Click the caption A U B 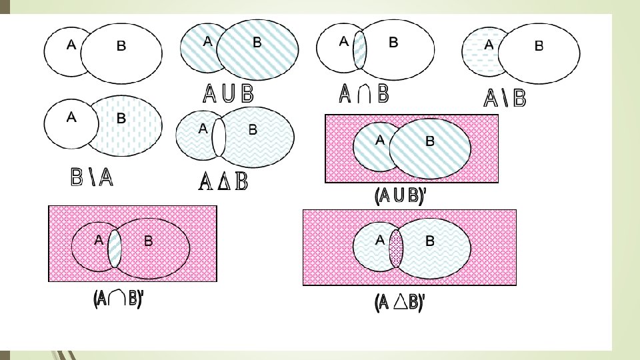click(x=229, y=95)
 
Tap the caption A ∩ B click(x=364, y=94)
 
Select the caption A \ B click(x=505, y=99)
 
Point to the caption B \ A click(x=92, y=178)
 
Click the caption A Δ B click(x=223, y=181)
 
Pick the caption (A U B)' click(x=399, y=197)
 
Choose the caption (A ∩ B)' click(x=117, y=299)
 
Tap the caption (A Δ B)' click(x=399, y=303)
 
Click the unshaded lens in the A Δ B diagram click(x=219, y=137)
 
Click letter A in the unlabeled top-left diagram click(x=71, y=45)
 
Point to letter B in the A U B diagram click(x=257, y=42)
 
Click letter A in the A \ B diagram click(x=489, y=45)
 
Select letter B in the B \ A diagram click(x=121, y=119)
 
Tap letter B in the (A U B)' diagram click(x=430, y=141)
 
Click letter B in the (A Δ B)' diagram click(x=430, y=241)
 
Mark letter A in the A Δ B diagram click(x=203, y=129)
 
